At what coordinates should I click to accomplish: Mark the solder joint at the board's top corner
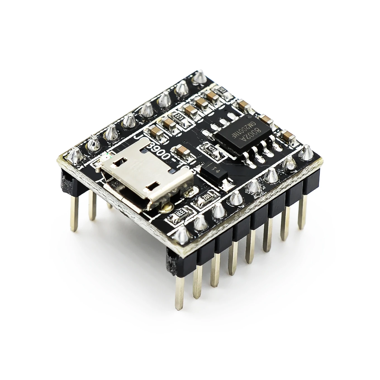(199, 77)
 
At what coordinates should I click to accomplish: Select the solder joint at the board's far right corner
(307, 153)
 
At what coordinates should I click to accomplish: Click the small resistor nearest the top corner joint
(222, 90)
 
